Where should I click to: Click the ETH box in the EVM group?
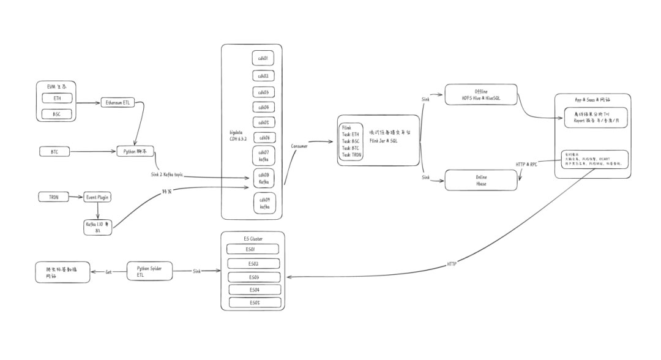[57, 98]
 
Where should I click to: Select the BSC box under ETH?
[57, 114]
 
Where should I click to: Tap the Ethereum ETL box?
[119, 102]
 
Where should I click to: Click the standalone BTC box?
[54, 151]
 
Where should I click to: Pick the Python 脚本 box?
[136, 151]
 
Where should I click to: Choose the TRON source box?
[54, 197]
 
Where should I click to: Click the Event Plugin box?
[97, 197]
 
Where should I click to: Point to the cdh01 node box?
[264, 58]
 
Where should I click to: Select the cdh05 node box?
[264, 122]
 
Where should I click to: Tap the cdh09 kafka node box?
[264, 203]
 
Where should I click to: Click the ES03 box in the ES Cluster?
[254, 276]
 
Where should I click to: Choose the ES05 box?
[255, 302]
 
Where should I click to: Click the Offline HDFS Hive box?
[480, 94]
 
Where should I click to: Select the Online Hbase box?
[480, 180]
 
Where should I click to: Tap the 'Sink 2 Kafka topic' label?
[167, 175]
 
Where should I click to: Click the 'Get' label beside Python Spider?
[108, 272]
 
